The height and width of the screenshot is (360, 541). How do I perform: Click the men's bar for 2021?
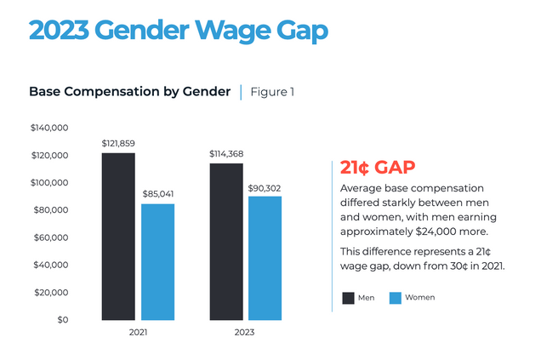tap(118, 236)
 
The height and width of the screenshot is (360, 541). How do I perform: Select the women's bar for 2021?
tap(157, 261)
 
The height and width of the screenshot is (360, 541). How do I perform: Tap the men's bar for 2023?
tap(226, 241)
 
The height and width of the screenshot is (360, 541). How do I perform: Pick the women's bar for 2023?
tap(265, 258)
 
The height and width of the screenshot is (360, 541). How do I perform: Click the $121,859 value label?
tap(118, 143)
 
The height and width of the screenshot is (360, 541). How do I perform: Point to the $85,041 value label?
tap(157, 194)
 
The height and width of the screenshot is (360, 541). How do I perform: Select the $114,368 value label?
tap(226, 153)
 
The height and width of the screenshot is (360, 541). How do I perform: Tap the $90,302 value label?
tap(265, 186)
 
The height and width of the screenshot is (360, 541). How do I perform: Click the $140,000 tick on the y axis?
tap(48, 128)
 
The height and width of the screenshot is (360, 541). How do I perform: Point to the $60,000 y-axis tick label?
tap(50, 237)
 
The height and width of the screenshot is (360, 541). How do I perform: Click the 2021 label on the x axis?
tap(137, 332)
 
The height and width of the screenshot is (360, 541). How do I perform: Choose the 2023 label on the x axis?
tap(245, 332)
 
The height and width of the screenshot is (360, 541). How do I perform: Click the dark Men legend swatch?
tap(348, 298)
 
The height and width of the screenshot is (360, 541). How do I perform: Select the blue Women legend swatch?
tap(396, 298)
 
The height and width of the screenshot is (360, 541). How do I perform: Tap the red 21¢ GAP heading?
tap(377, 166)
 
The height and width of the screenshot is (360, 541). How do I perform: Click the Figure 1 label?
tap(272, 91)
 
